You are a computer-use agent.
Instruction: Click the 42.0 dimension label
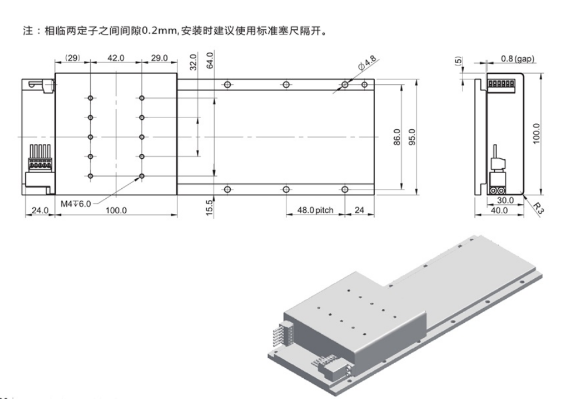pos(115,58)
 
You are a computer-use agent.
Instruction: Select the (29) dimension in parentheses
pos(73,58)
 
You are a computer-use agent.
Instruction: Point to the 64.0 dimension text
pos(210,61)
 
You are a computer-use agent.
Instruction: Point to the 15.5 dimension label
pos(210,207)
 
